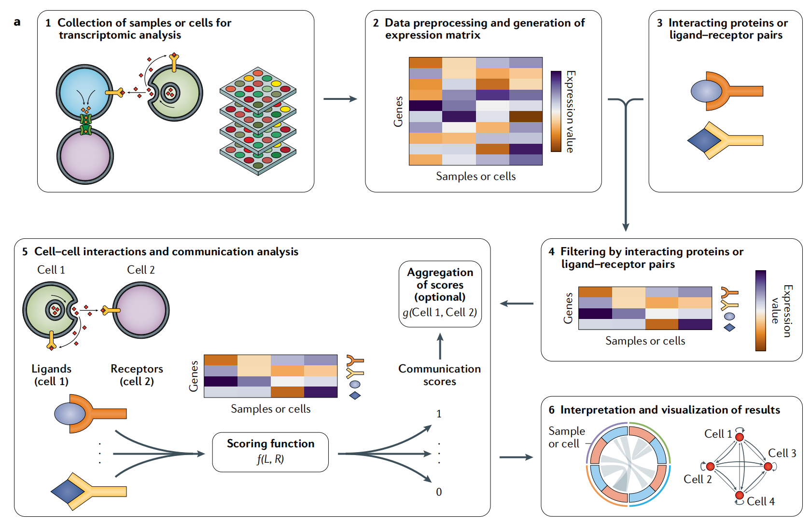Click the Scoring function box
(270, 452)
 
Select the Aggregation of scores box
(440, 294)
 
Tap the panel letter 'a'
(17, 22)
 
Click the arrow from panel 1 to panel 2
(340, 99)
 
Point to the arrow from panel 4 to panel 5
(517, 304)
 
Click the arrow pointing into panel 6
(516, 457)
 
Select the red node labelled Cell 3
(768, 466)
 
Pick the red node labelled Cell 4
(739, 495)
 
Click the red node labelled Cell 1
(739, 437)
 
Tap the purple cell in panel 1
(85, 156)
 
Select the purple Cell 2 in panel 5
(141, 310)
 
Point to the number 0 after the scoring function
(439, 492)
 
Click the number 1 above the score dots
(439, 414)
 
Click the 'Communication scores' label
(439, 375)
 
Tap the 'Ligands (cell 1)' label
(51, 375)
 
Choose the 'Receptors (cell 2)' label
(137, 375)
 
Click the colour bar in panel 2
(556, 111)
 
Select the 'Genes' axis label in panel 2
(398, 111)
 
